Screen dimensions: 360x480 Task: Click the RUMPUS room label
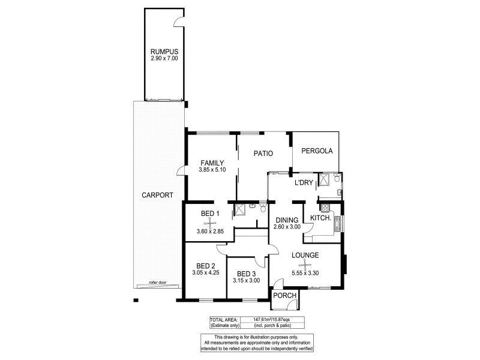point(164,52)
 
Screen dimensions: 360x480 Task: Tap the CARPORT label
point(158,195)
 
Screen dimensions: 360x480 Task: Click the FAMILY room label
point(212,163)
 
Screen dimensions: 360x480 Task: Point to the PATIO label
point(263,154)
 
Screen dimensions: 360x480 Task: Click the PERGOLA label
point(317,151)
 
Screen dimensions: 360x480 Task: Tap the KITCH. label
point(321,218)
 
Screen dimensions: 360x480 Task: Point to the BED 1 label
point(210,214)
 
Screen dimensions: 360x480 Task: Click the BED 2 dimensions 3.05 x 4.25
point(205,273)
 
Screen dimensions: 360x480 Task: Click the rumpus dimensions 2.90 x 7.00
point(164,59)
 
